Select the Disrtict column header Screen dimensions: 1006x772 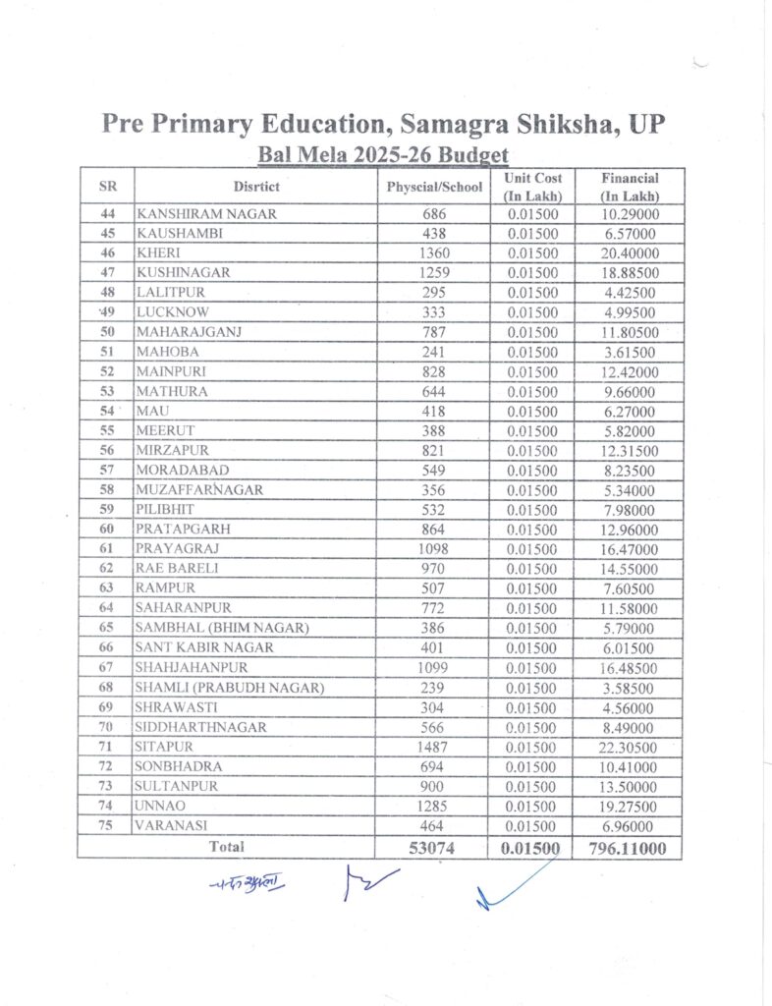coord(256,187)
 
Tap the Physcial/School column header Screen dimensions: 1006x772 coord(434,187)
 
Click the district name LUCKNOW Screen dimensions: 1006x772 coord(173,312)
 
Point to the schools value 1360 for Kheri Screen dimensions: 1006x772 coord(434,252)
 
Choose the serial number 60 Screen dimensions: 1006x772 coord(107,530)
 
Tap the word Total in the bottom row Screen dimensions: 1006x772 coord(226,846)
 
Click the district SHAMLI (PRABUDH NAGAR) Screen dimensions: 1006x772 coord(230,688)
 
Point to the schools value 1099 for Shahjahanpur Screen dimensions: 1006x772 coord(434,668)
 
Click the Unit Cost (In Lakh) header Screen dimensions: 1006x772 coord(532,187)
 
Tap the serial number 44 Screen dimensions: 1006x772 coord(107,213)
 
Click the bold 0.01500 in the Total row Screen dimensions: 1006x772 coord(531,847)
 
